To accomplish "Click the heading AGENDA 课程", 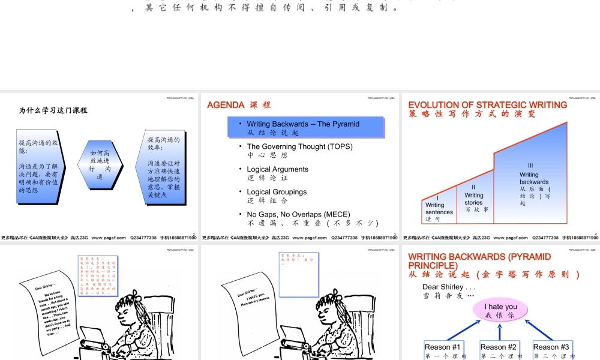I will tap(239, 105).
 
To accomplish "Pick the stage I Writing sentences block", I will tap(439, 207).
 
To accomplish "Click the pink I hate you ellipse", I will tap(500, 310).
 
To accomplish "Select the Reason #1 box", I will tap(442, 350).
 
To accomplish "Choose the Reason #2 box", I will tap(499, 350).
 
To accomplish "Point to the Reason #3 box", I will tap(551, 350).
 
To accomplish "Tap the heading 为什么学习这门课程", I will tap(53, 110).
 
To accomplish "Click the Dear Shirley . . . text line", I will tap(448, 287).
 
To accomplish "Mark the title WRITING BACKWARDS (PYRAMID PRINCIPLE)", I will tap(479, 260).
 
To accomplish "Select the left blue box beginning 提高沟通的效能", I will tap(40, 166).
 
